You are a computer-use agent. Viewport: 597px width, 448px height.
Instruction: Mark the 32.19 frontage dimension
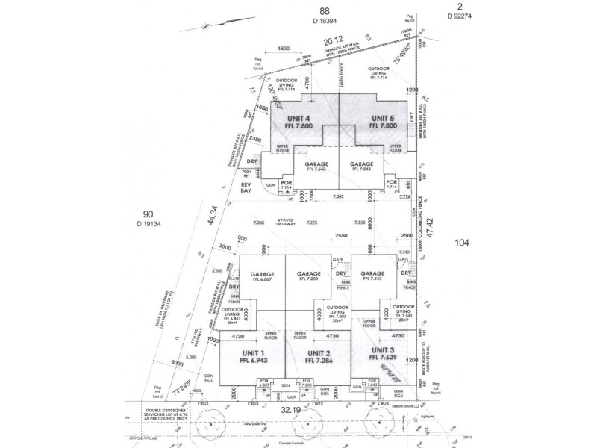pyautogui.click(x=311, y=410)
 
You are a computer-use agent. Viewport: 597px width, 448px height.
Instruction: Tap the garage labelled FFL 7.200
pyautogui.click(x=307, y=275)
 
